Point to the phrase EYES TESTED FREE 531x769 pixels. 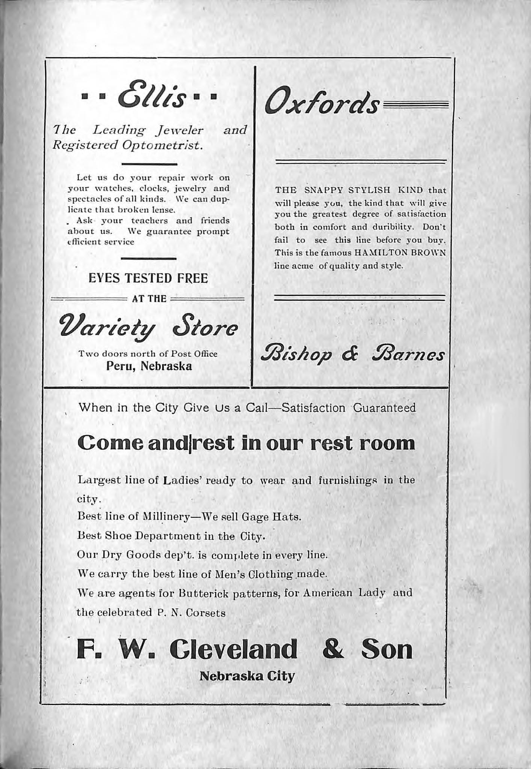click(148, 278)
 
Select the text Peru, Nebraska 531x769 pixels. click(149, 366)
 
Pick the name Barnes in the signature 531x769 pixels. click(409, 354)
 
